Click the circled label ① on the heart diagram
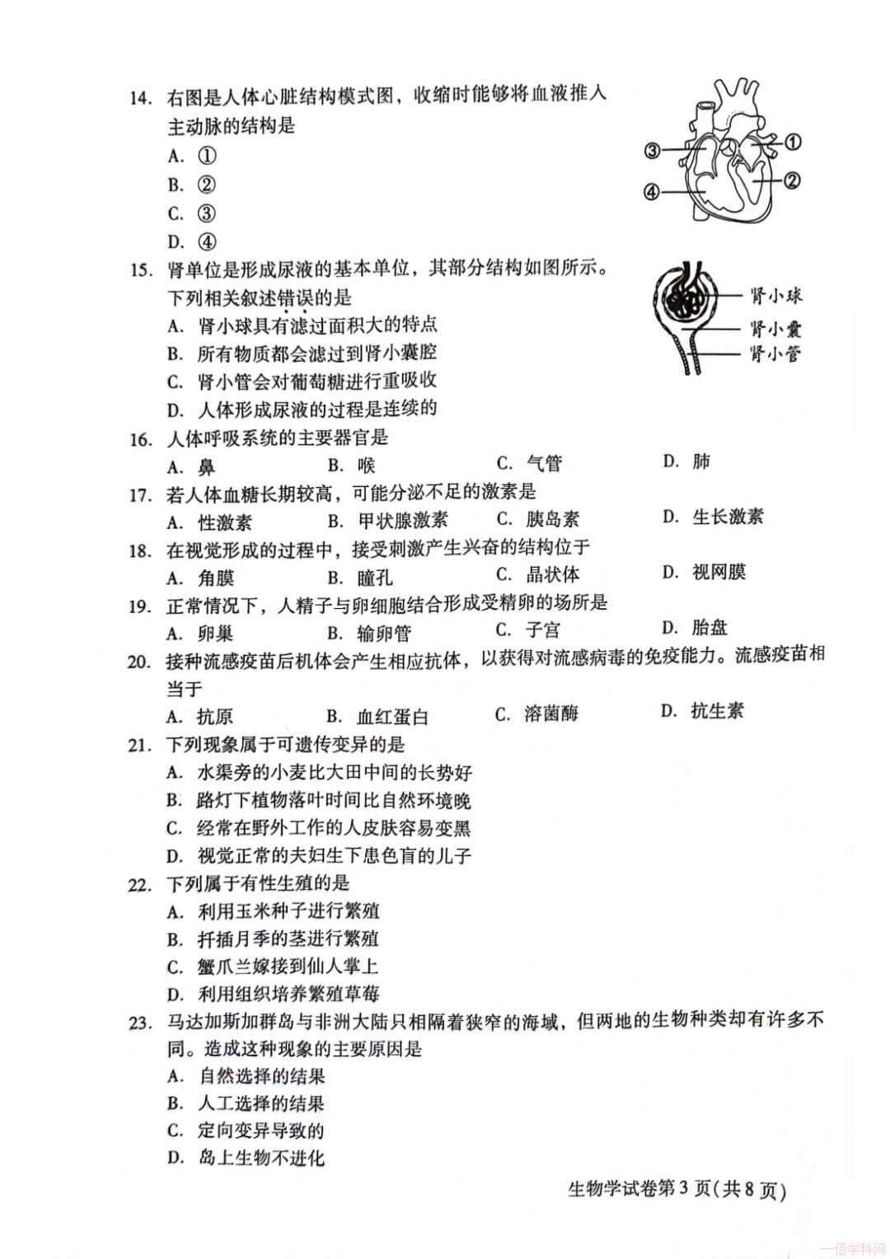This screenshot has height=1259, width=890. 792,142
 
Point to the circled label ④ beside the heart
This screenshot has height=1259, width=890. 651,192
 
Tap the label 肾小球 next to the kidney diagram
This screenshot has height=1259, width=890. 775,296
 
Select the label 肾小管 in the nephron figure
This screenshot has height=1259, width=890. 775,354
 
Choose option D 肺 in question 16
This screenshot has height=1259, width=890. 687,461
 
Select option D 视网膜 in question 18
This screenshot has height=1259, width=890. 705,572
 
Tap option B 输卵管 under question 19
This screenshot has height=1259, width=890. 369,633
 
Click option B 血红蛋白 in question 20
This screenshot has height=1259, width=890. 378,716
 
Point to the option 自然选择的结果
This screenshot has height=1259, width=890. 246,1076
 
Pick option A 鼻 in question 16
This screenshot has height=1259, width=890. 192,467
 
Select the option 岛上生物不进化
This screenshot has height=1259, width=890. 246,1158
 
